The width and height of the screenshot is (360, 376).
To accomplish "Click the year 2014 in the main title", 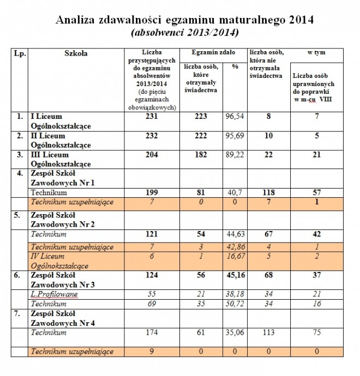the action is tap(301, 20).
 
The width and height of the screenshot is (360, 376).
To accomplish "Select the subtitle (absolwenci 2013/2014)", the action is tap(185, 33).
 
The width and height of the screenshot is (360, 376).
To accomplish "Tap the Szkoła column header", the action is tap(76, 53).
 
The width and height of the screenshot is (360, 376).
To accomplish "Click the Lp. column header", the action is tap(20, 53).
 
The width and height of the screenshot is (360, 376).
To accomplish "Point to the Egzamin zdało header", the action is tap(213, 52).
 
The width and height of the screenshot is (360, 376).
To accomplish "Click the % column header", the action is tap(235, 66).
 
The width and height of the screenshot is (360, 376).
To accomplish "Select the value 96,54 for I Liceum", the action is tap(235, 116).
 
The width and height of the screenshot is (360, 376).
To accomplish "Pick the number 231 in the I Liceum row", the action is tap(152, 116).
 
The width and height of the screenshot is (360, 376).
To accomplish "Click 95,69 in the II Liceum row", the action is tap(235, 136).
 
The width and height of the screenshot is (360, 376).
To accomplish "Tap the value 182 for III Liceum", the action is tap(201, 154).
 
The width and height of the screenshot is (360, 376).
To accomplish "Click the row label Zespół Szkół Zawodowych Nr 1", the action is tap(62, 178).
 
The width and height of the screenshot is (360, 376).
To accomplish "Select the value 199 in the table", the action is tap(152, 192).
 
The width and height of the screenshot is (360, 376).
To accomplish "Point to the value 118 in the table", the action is tap(268, 192).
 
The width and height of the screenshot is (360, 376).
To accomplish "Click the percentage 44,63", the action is tap(236, 234).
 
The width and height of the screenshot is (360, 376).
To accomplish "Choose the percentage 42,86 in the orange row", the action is tap(236, 246).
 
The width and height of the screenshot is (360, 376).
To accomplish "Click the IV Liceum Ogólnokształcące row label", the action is tap(59, 261).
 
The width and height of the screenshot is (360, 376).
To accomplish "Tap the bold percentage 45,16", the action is tap(236, 275).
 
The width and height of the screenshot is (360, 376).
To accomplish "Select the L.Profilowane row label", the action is tap(54, 294).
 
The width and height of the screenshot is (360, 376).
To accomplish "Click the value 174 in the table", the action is tap(152, 332).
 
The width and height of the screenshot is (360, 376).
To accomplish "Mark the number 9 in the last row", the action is tap(152, 351).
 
